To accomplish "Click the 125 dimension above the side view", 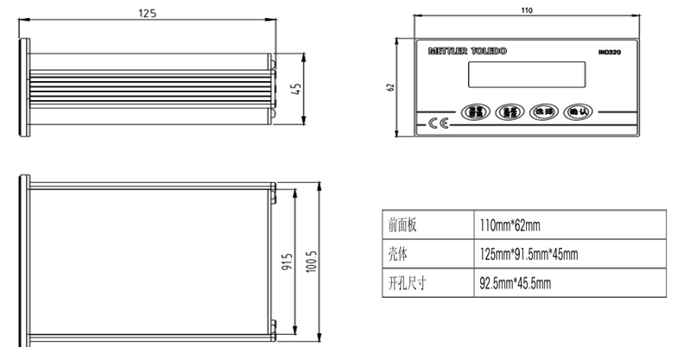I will point(149,13).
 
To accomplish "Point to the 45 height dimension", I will point(296,90).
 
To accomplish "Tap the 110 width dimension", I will point(528,9).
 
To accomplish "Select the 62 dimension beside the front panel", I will point(391,87).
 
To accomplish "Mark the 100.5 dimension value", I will point(312,261).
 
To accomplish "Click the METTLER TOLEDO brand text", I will point(467,52).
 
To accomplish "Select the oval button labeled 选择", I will point(543,111).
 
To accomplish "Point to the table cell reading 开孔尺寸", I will point(407,282).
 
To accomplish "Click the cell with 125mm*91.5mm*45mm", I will point(528,254).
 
